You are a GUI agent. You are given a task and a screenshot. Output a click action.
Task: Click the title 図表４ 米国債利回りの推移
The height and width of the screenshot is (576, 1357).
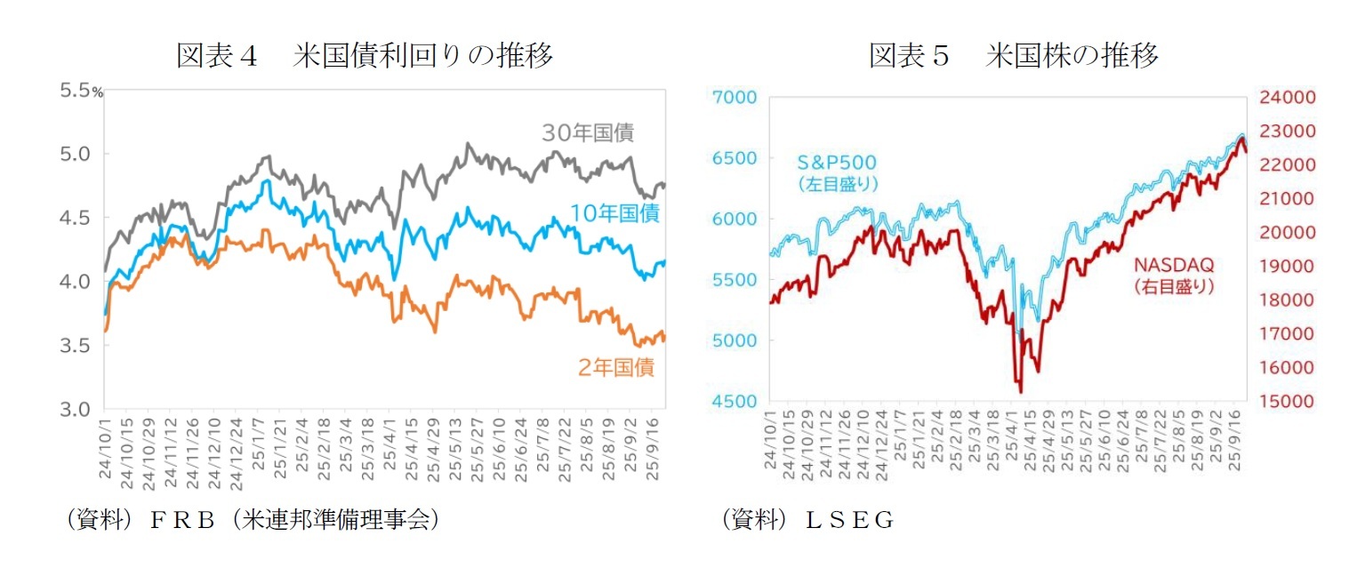click(365, 56)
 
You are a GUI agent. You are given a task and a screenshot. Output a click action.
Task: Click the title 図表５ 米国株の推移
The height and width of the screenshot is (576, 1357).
click(1014, 56)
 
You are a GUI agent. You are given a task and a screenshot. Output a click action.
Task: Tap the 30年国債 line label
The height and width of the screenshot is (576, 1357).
click(588, 133)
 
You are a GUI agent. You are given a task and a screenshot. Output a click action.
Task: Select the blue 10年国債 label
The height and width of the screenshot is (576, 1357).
click(614, 213)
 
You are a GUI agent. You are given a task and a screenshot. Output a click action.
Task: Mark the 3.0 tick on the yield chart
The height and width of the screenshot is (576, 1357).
click(75, 409)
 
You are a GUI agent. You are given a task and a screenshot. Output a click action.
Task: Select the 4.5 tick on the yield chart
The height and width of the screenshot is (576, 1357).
click(75, 218)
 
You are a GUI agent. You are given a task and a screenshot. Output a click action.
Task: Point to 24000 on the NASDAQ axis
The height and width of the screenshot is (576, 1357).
click(1281, 97)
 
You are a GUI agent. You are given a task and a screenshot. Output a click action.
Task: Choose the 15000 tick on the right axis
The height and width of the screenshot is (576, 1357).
click(1281, 401)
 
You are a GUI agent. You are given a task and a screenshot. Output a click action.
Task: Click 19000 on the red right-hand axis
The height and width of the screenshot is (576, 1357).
click(1281, 266)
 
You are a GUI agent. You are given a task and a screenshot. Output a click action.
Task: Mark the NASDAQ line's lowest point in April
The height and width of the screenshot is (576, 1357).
click(1020, 391)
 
